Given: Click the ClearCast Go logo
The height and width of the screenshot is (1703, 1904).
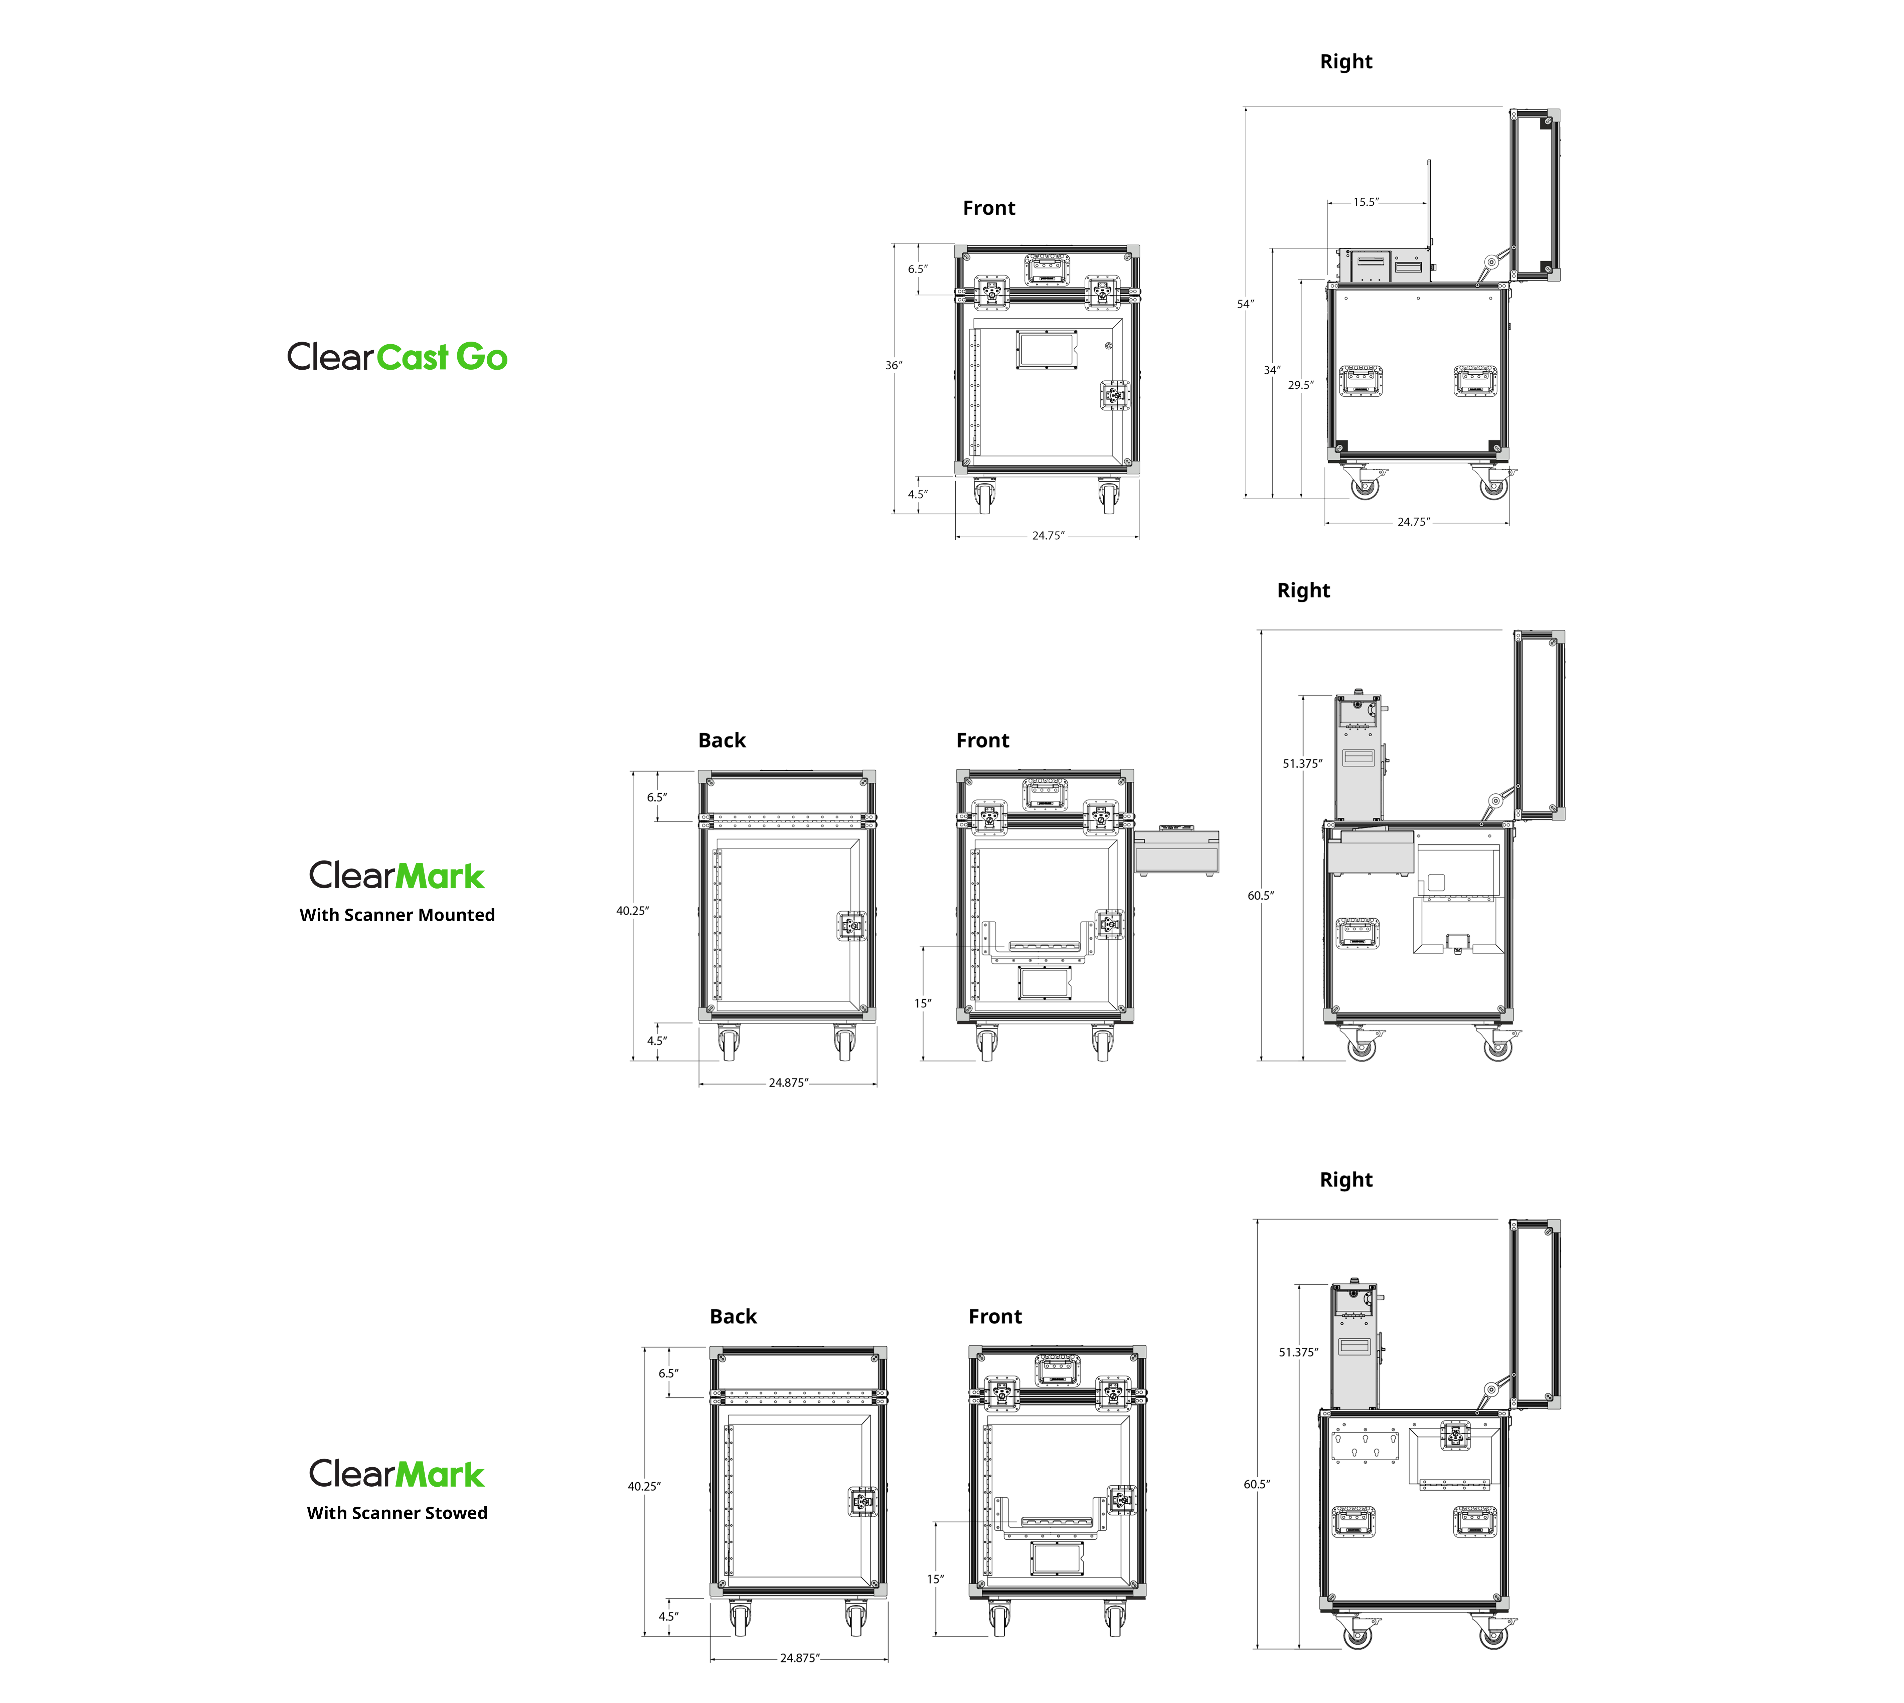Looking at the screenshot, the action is [397, 357].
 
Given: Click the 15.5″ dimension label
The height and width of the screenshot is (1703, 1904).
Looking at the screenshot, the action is [1366, 202].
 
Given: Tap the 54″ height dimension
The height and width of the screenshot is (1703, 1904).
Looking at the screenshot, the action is [1245, 304].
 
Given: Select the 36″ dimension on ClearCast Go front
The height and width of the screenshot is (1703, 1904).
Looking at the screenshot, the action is [894, 365].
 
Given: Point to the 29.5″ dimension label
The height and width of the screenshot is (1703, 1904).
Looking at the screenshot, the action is [1300, 385].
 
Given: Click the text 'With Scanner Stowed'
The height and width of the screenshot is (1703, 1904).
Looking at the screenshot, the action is [397, 1513].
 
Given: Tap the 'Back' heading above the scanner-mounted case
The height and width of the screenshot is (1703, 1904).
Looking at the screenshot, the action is [722, 740].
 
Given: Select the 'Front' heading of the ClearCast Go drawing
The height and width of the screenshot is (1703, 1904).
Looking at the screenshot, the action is [988, 208].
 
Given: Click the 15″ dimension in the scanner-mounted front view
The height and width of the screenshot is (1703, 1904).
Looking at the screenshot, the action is [923, 1003].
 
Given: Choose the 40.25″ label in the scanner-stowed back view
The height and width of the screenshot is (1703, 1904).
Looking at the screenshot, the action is [644, 1486].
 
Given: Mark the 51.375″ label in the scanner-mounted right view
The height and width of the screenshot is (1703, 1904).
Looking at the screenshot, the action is [1302, 764].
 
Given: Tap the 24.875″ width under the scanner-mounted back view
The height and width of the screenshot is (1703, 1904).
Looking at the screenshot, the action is [788, 1083].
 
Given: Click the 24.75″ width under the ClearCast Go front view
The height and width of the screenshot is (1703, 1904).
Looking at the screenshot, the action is [1048, 536].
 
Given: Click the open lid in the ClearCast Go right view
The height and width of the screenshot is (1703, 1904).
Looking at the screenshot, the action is [1535, 195].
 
